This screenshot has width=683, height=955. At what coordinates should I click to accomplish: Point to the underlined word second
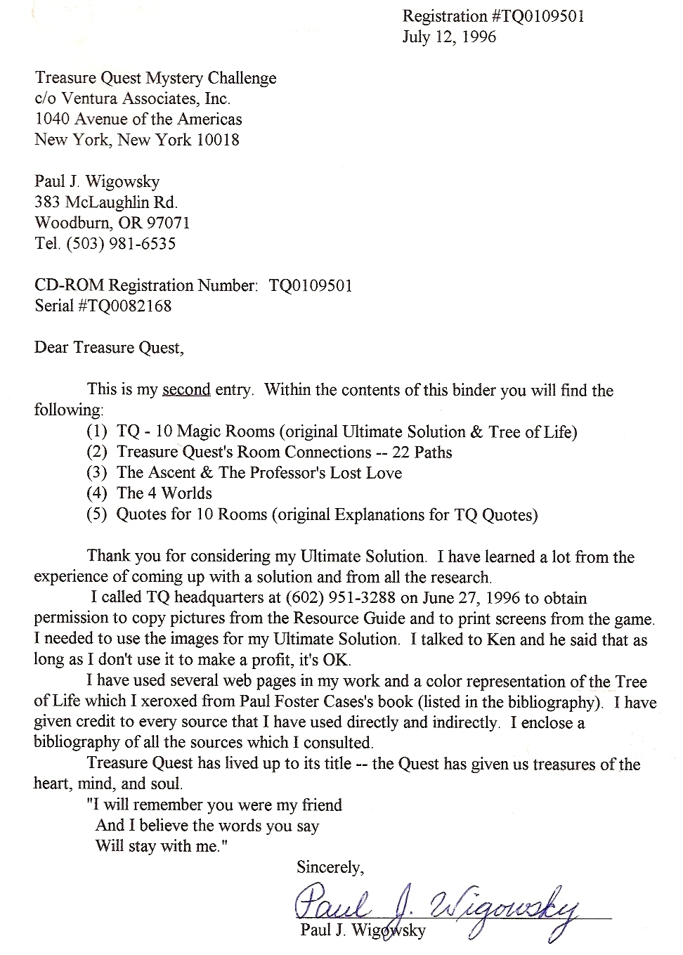[186, 389]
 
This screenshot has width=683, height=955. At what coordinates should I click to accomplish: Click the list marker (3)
[96, 472]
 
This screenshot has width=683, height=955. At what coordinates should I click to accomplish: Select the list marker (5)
[96, 514]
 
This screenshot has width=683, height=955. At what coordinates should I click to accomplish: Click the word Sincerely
[330, 867]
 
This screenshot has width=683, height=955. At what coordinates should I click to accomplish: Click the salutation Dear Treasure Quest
[109, 348]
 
